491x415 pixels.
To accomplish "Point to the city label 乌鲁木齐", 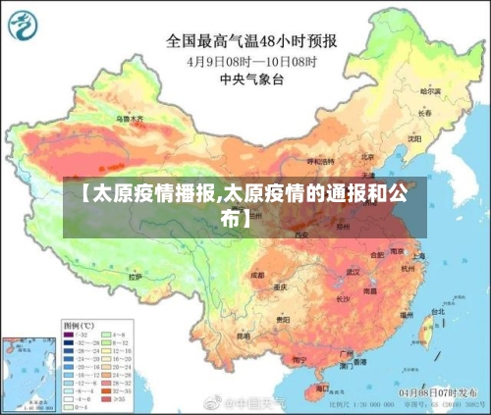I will coord(130,119).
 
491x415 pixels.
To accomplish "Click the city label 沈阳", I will coord(413,138).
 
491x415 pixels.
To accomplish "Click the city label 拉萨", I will coord(136,277).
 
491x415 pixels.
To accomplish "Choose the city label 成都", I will coord(257,275).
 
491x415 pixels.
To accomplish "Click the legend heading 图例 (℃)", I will coord(78,323).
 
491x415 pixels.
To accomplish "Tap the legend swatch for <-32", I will coord(70,334).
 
